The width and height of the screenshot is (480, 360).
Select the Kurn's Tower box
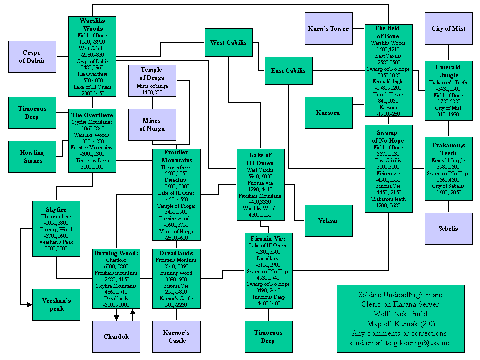[x=328, y=29]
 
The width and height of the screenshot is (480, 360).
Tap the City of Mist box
[x=448, y=29]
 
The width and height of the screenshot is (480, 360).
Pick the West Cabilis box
[x=228, y=43]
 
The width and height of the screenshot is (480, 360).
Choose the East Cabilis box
[x=288, y=71]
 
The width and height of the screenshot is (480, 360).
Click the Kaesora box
[x=328, y=113]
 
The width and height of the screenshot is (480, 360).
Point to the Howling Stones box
[x=32, y=157]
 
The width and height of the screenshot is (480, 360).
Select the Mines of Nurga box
[x=152, y=125]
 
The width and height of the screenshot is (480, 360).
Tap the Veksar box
[x=328, y=221]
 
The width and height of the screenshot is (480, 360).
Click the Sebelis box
[x=448, y=229]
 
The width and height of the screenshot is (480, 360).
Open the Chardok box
[x=116, y=337]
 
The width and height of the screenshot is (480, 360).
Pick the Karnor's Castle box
[x=176, y=337]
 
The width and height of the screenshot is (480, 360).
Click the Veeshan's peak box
[x=56, y=305]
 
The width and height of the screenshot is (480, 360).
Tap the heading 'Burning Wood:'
[x=116, y=253]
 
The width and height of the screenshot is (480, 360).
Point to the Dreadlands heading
[x=176, y=253]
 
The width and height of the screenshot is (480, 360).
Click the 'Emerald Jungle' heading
[x=448, y=71]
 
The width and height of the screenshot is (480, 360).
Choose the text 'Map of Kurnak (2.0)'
[x=400, y=323]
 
